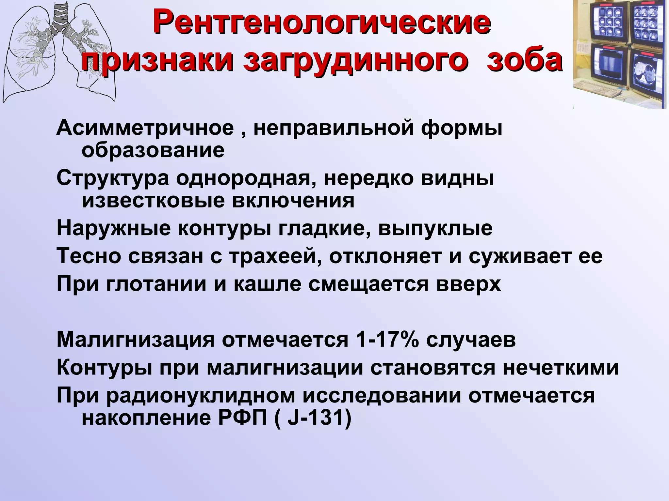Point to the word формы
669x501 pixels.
pos(461,128)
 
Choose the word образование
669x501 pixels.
pos(153,150)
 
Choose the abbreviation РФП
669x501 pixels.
pos(242,418)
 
